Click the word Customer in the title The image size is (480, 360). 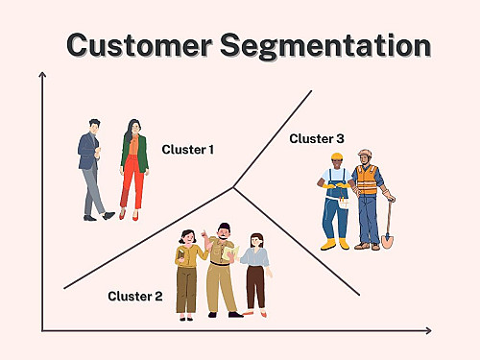(x=139, y=45)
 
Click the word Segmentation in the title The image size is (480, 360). (x=325, y=47)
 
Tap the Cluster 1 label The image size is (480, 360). (x=188, y=150)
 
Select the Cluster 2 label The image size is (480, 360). (x=135, y=296)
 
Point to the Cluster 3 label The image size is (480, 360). (x=317, y=138)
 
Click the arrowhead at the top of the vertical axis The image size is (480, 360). (x=42, y=75)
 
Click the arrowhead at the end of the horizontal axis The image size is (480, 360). (x=428, y=331)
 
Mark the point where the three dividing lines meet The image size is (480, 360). (x=233, y=187)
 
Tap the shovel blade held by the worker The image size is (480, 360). (x=387, y=241)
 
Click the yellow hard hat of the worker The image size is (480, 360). (x=337, y=156)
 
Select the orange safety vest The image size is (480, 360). (x=367, y=180)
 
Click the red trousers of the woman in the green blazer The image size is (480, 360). (x=132, y=181)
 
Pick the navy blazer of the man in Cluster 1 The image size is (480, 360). (x=87, y=152)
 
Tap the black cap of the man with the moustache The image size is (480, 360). (x=225, y=227)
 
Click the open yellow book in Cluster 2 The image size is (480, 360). (x=230, y=252)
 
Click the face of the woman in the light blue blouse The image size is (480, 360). (x=256, y=241)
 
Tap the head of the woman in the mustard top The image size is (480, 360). (x=187, y=237)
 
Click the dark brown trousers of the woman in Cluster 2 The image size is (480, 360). (x=255, y=287)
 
